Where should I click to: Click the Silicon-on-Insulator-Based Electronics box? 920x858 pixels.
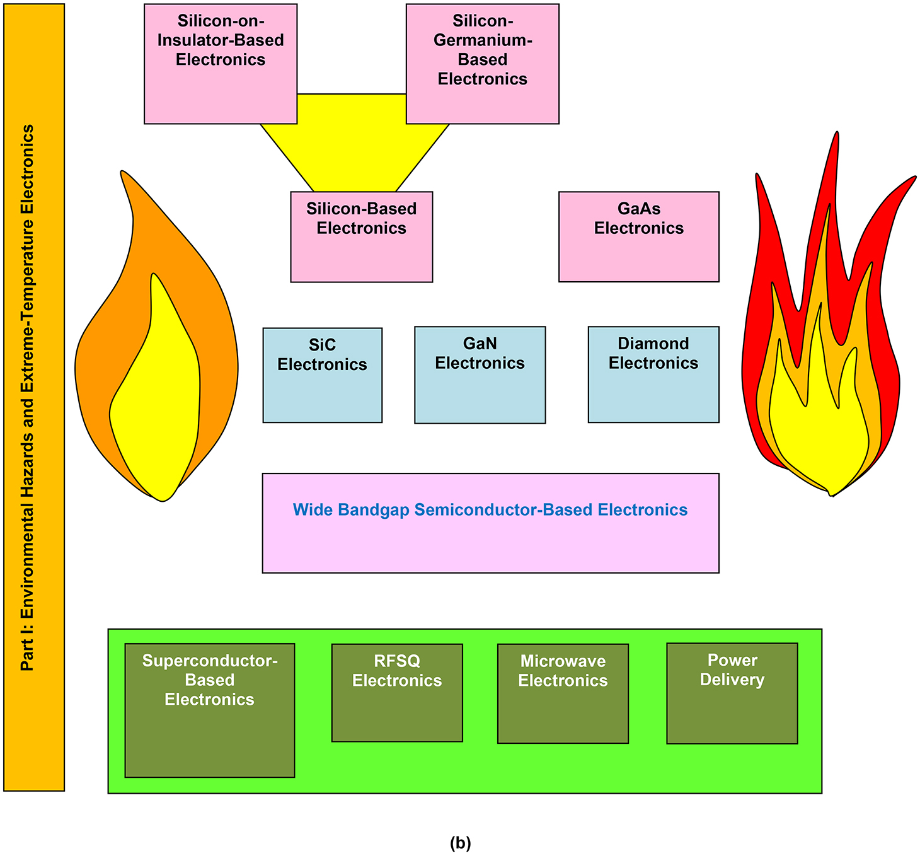[221, 64]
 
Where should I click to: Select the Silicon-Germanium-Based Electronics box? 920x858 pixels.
[482, 64]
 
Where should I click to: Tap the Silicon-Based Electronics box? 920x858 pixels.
[361, 236]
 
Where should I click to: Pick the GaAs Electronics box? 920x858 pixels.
[638, 236]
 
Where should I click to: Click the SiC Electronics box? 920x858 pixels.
[322, 374]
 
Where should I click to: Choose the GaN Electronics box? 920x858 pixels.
[480, 374]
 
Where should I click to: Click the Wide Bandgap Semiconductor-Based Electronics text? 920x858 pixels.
[490, 509]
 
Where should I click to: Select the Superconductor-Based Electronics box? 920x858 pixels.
[209, 710]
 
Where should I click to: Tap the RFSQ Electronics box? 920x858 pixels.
[397, 692]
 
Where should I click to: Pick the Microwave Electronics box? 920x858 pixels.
[563, 693]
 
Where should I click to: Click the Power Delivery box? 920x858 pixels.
[732, 693]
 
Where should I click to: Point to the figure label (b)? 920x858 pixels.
[460, 843]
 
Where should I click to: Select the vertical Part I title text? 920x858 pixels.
[28, 397]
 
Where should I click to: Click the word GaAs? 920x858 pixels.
[638, 209]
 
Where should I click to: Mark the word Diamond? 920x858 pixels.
[653, 344]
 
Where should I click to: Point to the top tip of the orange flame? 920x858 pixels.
[123, 173]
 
